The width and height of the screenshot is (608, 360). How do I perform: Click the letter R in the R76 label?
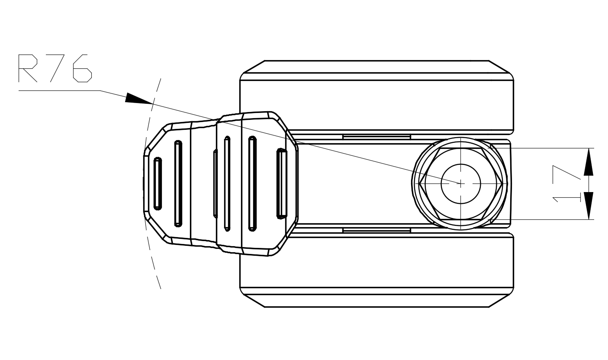pyautogui.click(x=28, y=68)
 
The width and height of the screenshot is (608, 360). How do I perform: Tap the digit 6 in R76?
pyautogui.click(x=82, y=68)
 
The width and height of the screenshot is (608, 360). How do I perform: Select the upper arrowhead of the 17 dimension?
pyautogui.click(x=589, y=162)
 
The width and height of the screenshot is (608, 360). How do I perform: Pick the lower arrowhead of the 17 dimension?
pyautogui.click(x=589, y=206)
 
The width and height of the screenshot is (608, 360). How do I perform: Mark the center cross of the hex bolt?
pyautogui.click(x=460, y=183)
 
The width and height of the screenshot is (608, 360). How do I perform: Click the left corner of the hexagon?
pyautogui.click(x=419, y=183)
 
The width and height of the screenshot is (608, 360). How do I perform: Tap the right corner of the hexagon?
pyautogui.click(x=502, y=183)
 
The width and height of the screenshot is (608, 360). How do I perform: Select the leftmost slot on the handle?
pyautogui.click(x=158, y=184)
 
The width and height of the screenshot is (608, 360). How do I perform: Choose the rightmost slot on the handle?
pyautogui.click(x=282, y=183)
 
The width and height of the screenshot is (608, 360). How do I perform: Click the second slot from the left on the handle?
pyautogui.click(x=178, y=183)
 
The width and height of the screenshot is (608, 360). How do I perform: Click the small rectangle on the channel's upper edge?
pyautogui.click(x=376, y=137)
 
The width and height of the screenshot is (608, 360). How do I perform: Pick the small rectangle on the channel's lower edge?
pyautogui.click(x=376, y=230)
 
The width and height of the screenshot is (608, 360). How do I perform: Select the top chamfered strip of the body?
pyautogui.click(x=376, y=67)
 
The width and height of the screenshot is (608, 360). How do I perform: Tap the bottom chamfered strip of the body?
pyautogui.click(x=376, y=300)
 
